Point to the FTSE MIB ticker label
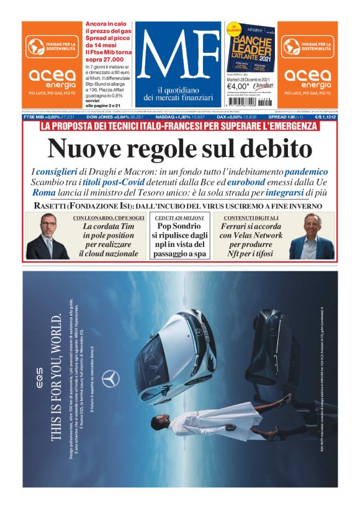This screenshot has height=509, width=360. [x=36, y=117]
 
